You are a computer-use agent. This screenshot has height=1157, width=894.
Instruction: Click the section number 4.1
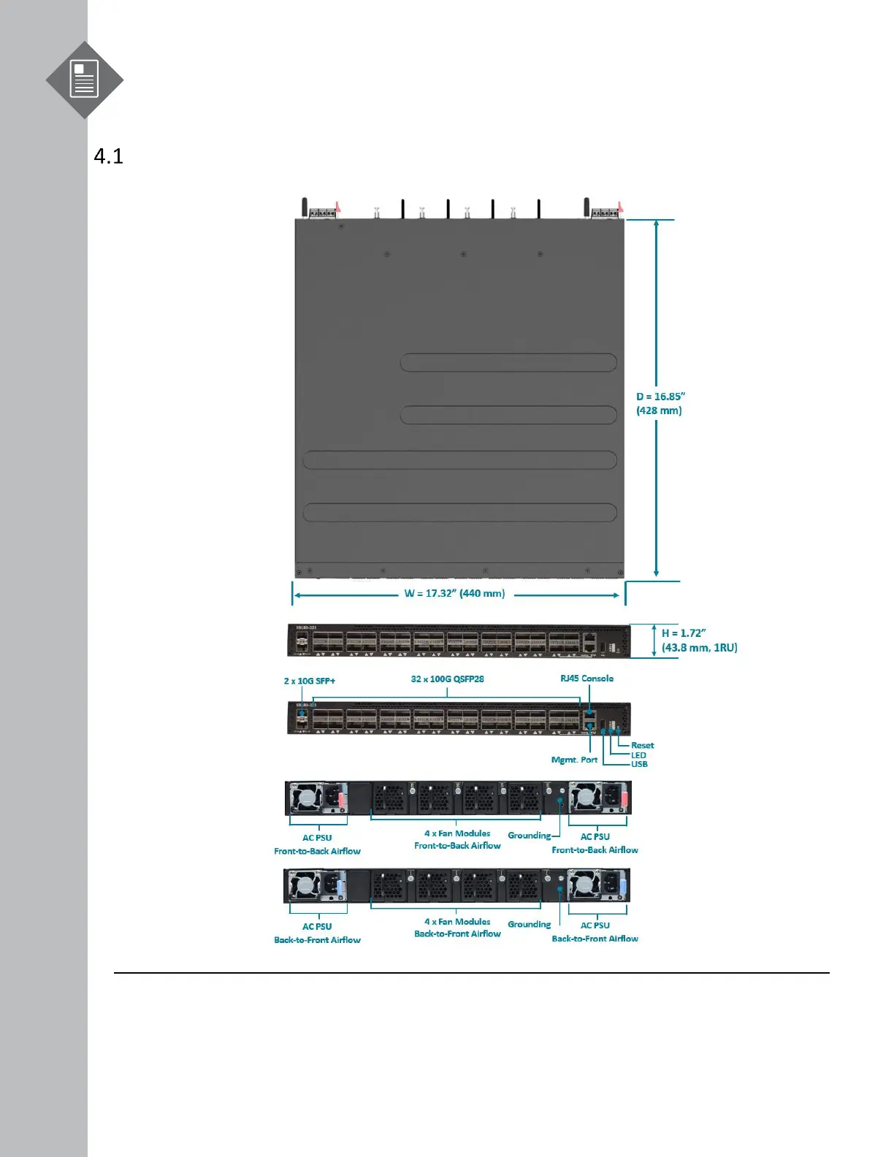click(x=109, y=156)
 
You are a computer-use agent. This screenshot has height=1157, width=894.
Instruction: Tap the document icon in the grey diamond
click(x=84, y=80)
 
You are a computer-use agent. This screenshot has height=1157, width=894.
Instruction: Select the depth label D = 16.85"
click(x=660, y=397)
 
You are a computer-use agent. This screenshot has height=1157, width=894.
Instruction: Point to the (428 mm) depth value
click(x=659, y=411)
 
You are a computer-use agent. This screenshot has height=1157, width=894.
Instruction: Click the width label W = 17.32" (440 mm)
click(x=454, y=593)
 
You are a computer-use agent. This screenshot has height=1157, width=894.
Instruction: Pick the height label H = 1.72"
click(x=684, y=633)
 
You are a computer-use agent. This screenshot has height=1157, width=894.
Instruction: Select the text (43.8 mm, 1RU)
click(x=699, y=648)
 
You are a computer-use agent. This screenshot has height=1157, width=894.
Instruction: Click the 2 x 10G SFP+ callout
click(x=310, y=681)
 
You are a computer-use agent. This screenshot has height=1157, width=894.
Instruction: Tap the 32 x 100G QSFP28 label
click(x=447, y=679)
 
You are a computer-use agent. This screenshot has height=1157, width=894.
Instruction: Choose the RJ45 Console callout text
click(x=587, y=679)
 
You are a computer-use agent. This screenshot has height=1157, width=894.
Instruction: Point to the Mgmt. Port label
click(x=574, y=760)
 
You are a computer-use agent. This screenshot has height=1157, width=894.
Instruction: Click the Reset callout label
click(x=643, y=746)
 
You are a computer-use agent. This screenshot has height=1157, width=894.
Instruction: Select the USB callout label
click(x=639, y=764)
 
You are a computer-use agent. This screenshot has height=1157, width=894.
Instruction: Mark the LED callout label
click(x=638, y=755)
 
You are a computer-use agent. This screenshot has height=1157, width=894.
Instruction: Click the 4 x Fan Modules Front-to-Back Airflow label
click(x=457, y=839)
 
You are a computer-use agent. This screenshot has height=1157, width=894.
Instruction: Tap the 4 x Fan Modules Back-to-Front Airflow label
click(x=457, y=928)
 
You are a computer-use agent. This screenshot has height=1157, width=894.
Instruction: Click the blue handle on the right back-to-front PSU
click(x=622, y=888)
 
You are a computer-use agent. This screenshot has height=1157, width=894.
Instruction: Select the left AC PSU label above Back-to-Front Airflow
click(x=317, y=926)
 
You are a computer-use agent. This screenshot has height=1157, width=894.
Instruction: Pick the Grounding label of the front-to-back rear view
click(x=529, y=836)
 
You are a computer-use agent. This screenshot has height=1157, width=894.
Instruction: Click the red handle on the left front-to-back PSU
click(x=342, y=798)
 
